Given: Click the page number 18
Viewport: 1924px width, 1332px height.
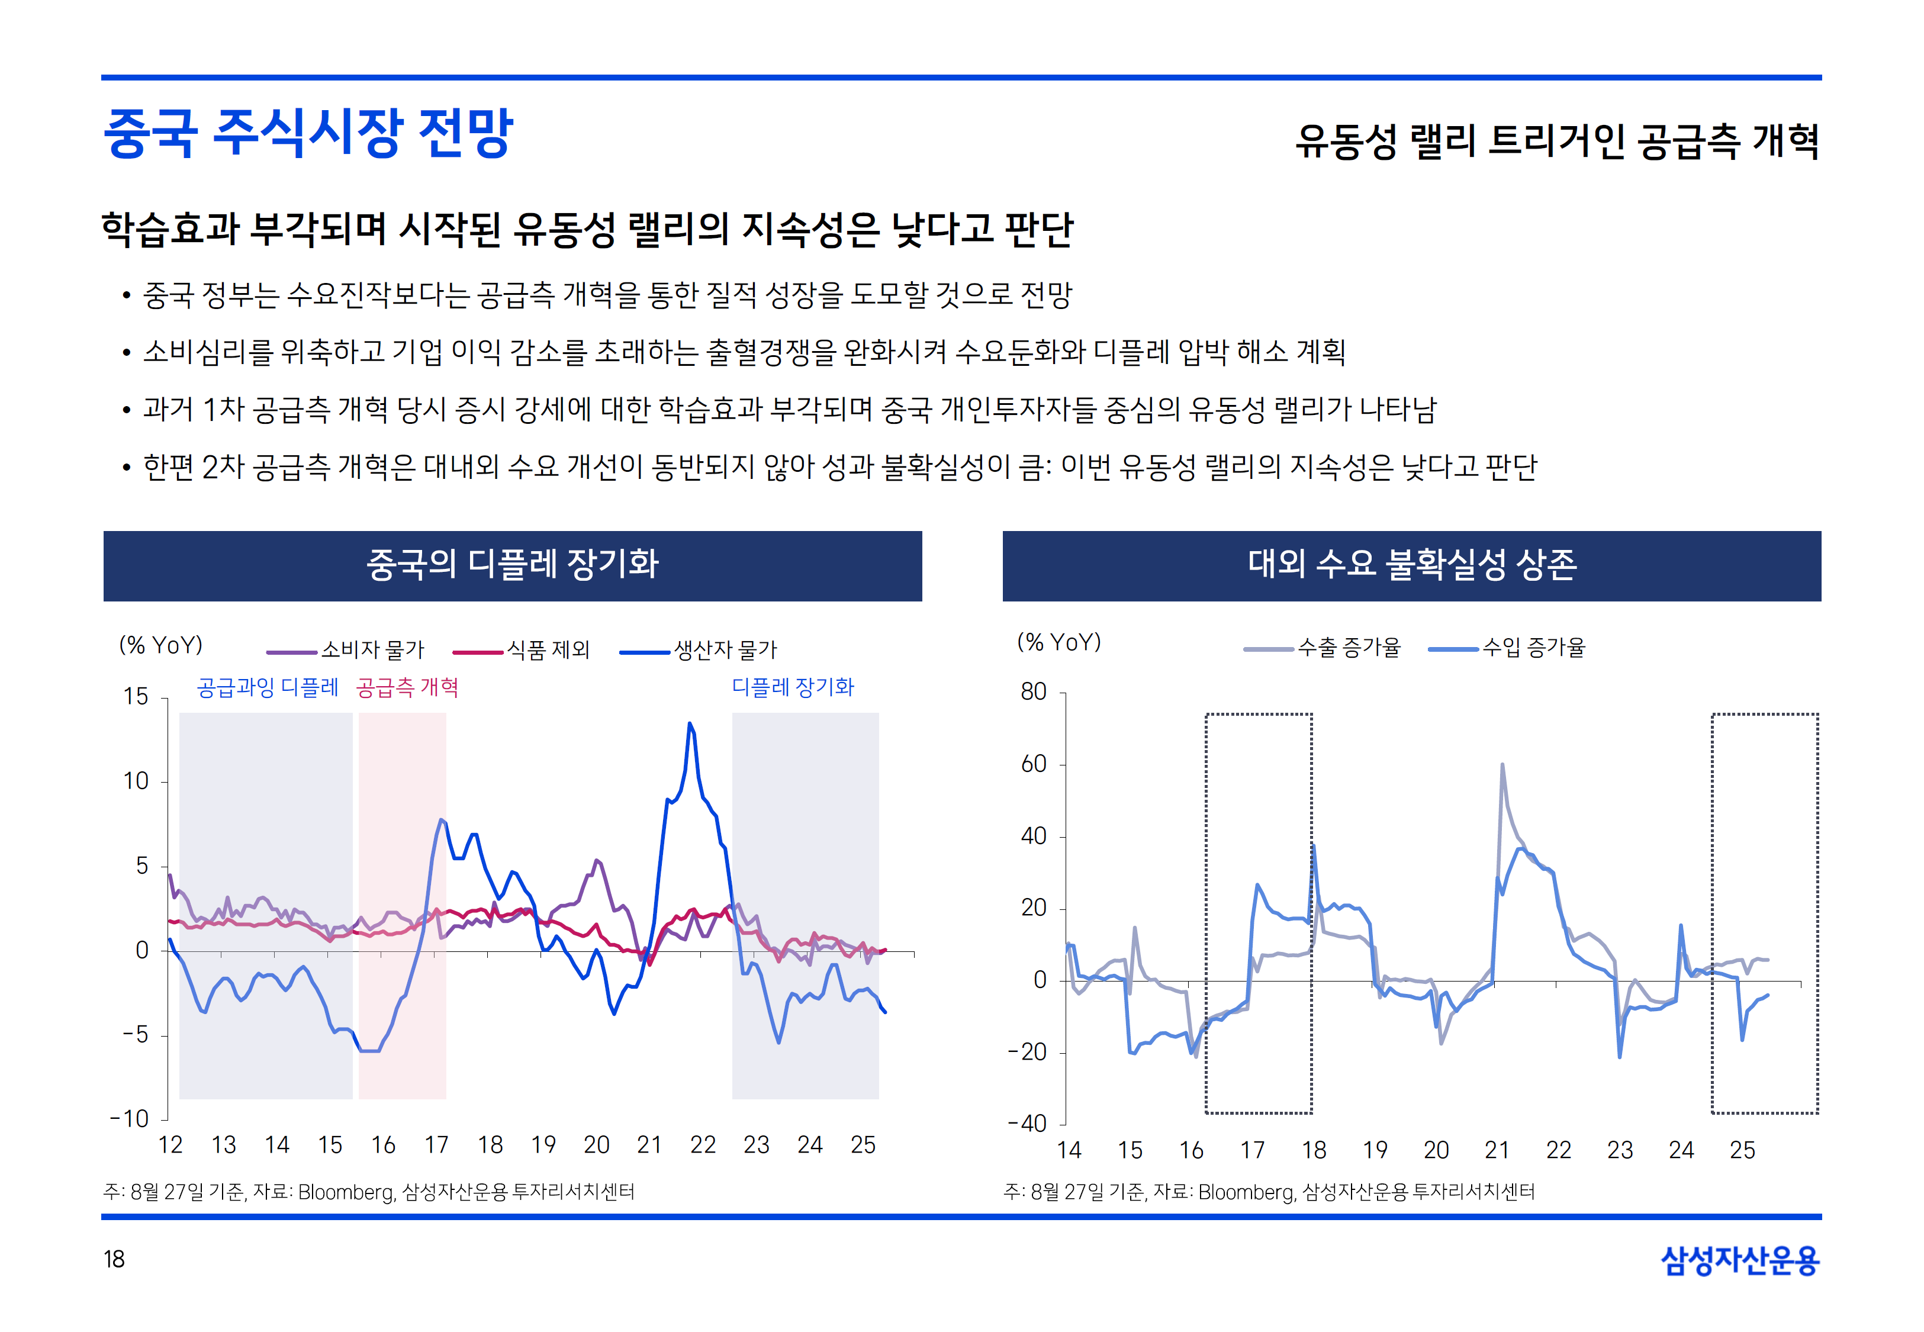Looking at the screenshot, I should point(114,1259).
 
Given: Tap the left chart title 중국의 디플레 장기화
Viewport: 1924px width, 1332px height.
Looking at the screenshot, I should point(512,565).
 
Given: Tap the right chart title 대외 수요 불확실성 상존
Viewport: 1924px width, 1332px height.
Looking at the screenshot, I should point(1412,565).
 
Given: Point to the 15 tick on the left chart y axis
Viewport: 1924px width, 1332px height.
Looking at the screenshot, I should point(136,696).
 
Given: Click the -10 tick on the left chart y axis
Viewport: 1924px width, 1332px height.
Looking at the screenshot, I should point(130,1118).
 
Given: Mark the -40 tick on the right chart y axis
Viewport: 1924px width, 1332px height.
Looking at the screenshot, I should point(1028,1124).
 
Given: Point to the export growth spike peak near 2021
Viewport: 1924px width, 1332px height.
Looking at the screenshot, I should point(1502,764).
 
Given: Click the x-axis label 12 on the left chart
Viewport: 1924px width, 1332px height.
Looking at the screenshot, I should point(170,1145).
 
